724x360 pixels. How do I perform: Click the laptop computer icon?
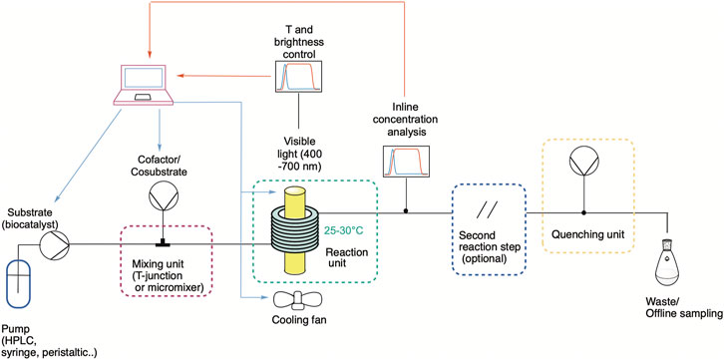point(144,85)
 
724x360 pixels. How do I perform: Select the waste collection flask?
point(666,264)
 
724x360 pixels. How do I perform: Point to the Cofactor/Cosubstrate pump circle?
point(163,197)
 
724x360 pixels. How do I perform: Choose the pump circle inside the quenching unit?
point(583,163)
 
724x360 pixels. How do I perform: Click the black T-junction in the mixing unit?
point(163,242)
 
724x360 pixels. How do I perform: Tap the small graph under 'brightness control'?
point(298,77)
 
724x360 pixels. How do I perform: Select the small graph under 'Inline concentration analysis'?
point(406,162)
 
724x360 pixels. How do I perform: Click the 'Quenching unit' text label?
point(587,235)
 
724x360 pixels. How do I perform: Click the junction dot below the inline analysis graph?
point(406,211)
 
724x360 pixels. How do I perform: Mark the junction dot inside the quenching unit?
point(583,212)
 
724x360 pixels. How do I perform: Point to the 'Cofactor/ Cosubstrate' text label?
point(163,166)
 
